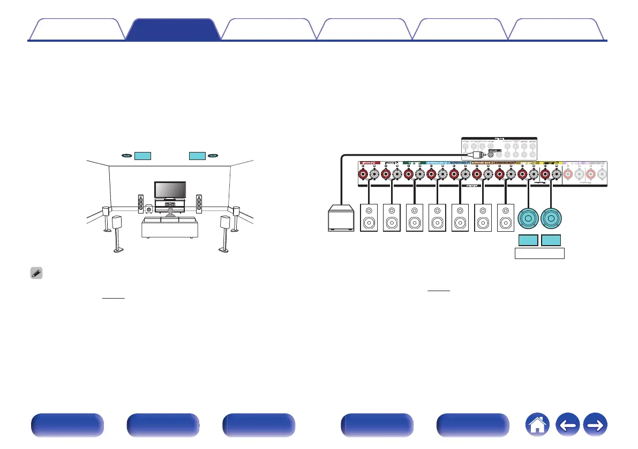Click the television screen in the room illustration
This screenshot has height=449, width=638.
coord(170,189)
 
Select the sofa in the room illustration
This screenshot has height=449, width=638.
coord(169,227)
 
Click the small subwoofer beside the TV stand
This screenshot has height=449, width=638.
coord(148,204)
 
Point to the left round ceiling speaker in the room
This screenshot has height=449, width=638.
coord(126,156)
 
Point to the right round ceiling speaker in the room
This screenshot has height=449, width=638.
coord(213,156)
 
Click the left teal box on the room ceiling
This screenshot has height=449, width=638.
coord(142,156)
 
